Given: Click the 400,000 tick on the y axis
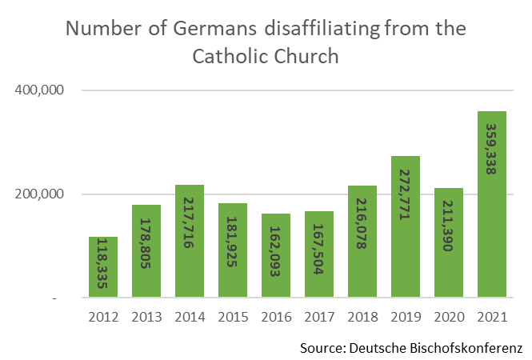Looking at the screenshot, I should (x=39, y=90).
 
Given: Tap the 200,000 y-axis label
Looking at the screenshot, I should (x=39, y=194).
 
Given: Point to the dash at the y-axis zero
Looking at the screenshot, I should (x=54, y=298).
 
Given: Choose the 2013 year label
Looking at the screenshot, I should (x=146, y=317).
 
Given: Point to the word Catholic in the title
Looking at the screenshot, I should (x=230, y=57).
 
